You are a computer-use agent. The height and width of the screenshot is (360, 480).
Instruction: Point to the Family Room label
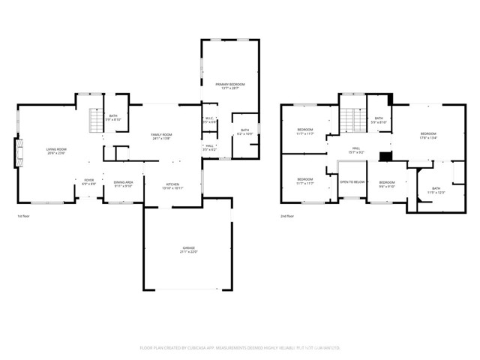[x=160, y=136]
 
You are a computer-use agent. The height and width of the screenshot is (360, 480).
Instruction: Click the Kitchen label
[x=173, y=185]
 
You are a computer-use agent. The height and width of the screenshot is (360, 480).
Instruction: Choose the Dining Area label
[x=123, y=183]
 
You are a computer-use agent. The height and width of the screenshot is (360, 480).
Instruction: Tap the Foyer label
[x=88, y=181]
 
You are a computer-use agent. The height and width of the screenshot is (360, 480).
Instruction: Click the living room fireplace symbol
[x=19, y=152]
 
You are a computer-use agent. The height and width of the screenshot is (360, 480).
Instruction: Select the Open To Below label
[x=352, y=181]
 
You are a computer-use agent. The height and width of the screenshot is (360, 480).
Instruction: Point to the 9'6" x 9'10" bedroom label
[x=387, y=184]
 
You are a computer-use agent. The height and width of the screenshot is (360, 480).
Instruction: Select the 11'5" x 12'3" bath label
[x=436, y=190]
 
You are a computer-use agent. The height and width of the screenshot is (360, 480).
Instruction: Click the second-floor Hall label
[x=356, y=150]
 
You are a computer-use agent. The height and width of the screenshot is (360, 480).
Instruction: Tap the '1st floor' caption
[x=24, y=216]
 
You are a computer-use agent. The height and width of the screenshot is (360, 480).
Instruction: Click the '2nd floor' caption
[x=286, y=216]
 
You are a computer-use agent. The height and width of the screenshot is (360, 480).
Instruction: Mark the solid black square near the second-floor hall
[x=385, y=156]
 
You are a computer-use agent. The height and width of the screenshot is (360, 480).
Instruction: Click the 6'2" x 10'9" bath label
[x=244, y=133]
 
